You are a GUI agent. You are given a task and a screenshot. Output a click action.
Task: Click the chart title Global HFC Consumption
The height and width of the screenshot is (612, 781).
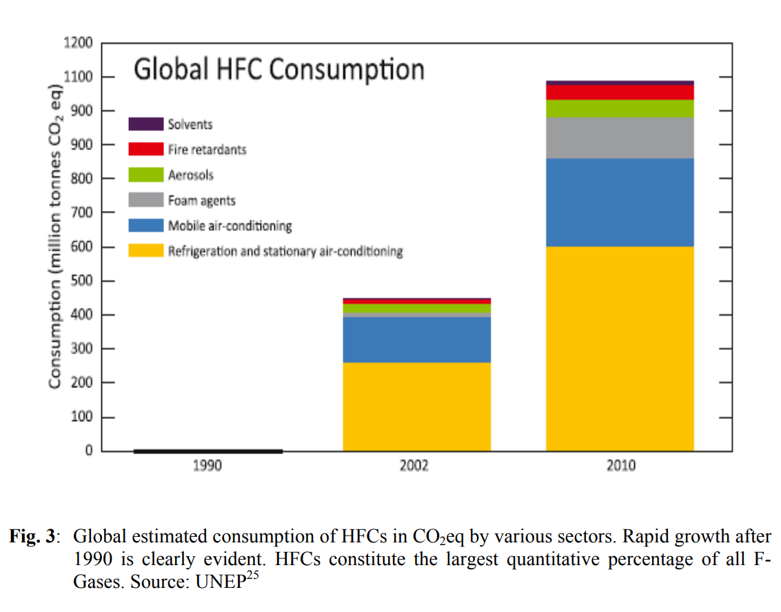pos(278,70)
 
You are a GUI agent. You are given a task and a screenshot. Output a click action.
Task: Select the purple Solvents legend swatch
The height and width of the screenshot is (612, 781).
pos(146,124)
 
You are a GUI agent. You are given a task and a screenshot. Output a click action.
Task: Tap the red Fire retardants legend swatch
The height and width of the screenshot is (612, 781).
pos(146,149)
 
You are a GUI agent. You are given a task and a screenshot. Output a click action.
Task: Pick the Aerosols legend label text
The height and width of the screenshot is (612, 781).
pos(190,175)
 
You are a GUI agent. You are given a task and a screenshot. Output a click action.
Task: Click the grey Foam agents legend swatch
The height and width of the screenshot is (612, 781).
pos(146,201)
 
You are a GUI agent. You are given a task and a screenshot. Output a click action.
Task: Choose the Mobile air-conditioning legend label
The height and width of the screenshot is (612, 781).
pos(230,226)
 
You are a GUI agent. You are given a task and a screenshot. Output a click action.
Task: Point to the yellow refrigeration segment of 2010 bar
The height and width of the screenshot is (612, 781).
pos(620,348)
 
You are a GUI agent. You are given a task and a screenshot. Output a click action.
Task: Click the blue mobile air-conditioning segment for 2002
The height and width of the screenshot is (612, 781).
pos(416,339)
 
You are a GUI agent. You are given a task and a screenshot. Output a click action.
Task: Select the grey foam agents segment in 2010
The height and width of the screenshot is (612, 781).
pos(620,138)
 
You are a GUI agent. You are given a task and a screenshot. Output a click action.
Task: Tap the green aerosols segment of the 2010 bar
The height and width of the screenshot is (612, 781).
pos(620,109)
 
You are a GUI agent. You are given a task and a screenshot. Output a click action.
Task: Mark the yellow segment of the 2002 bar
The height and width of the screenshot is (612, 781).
pos(416,407)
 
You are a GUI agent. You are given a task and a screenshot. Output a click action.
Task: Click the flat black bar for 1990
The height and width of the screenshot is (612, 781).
pos(207,451)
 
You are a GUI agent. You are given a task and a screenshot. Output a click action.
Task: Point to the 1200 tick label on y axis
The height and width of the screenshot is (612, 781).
pos(79,43)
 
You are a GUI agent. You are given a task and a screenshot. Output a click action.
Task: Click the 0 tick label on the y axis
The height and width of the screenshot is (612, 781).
pos(89,451)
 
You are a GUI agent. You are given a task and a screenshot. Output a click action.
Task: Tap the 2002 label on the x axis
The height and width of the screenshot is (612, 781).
pos(414,467)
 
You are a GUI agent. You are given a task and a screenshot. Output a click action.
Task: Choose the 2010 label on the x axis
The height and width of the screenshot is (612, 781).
pos(621,467)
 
